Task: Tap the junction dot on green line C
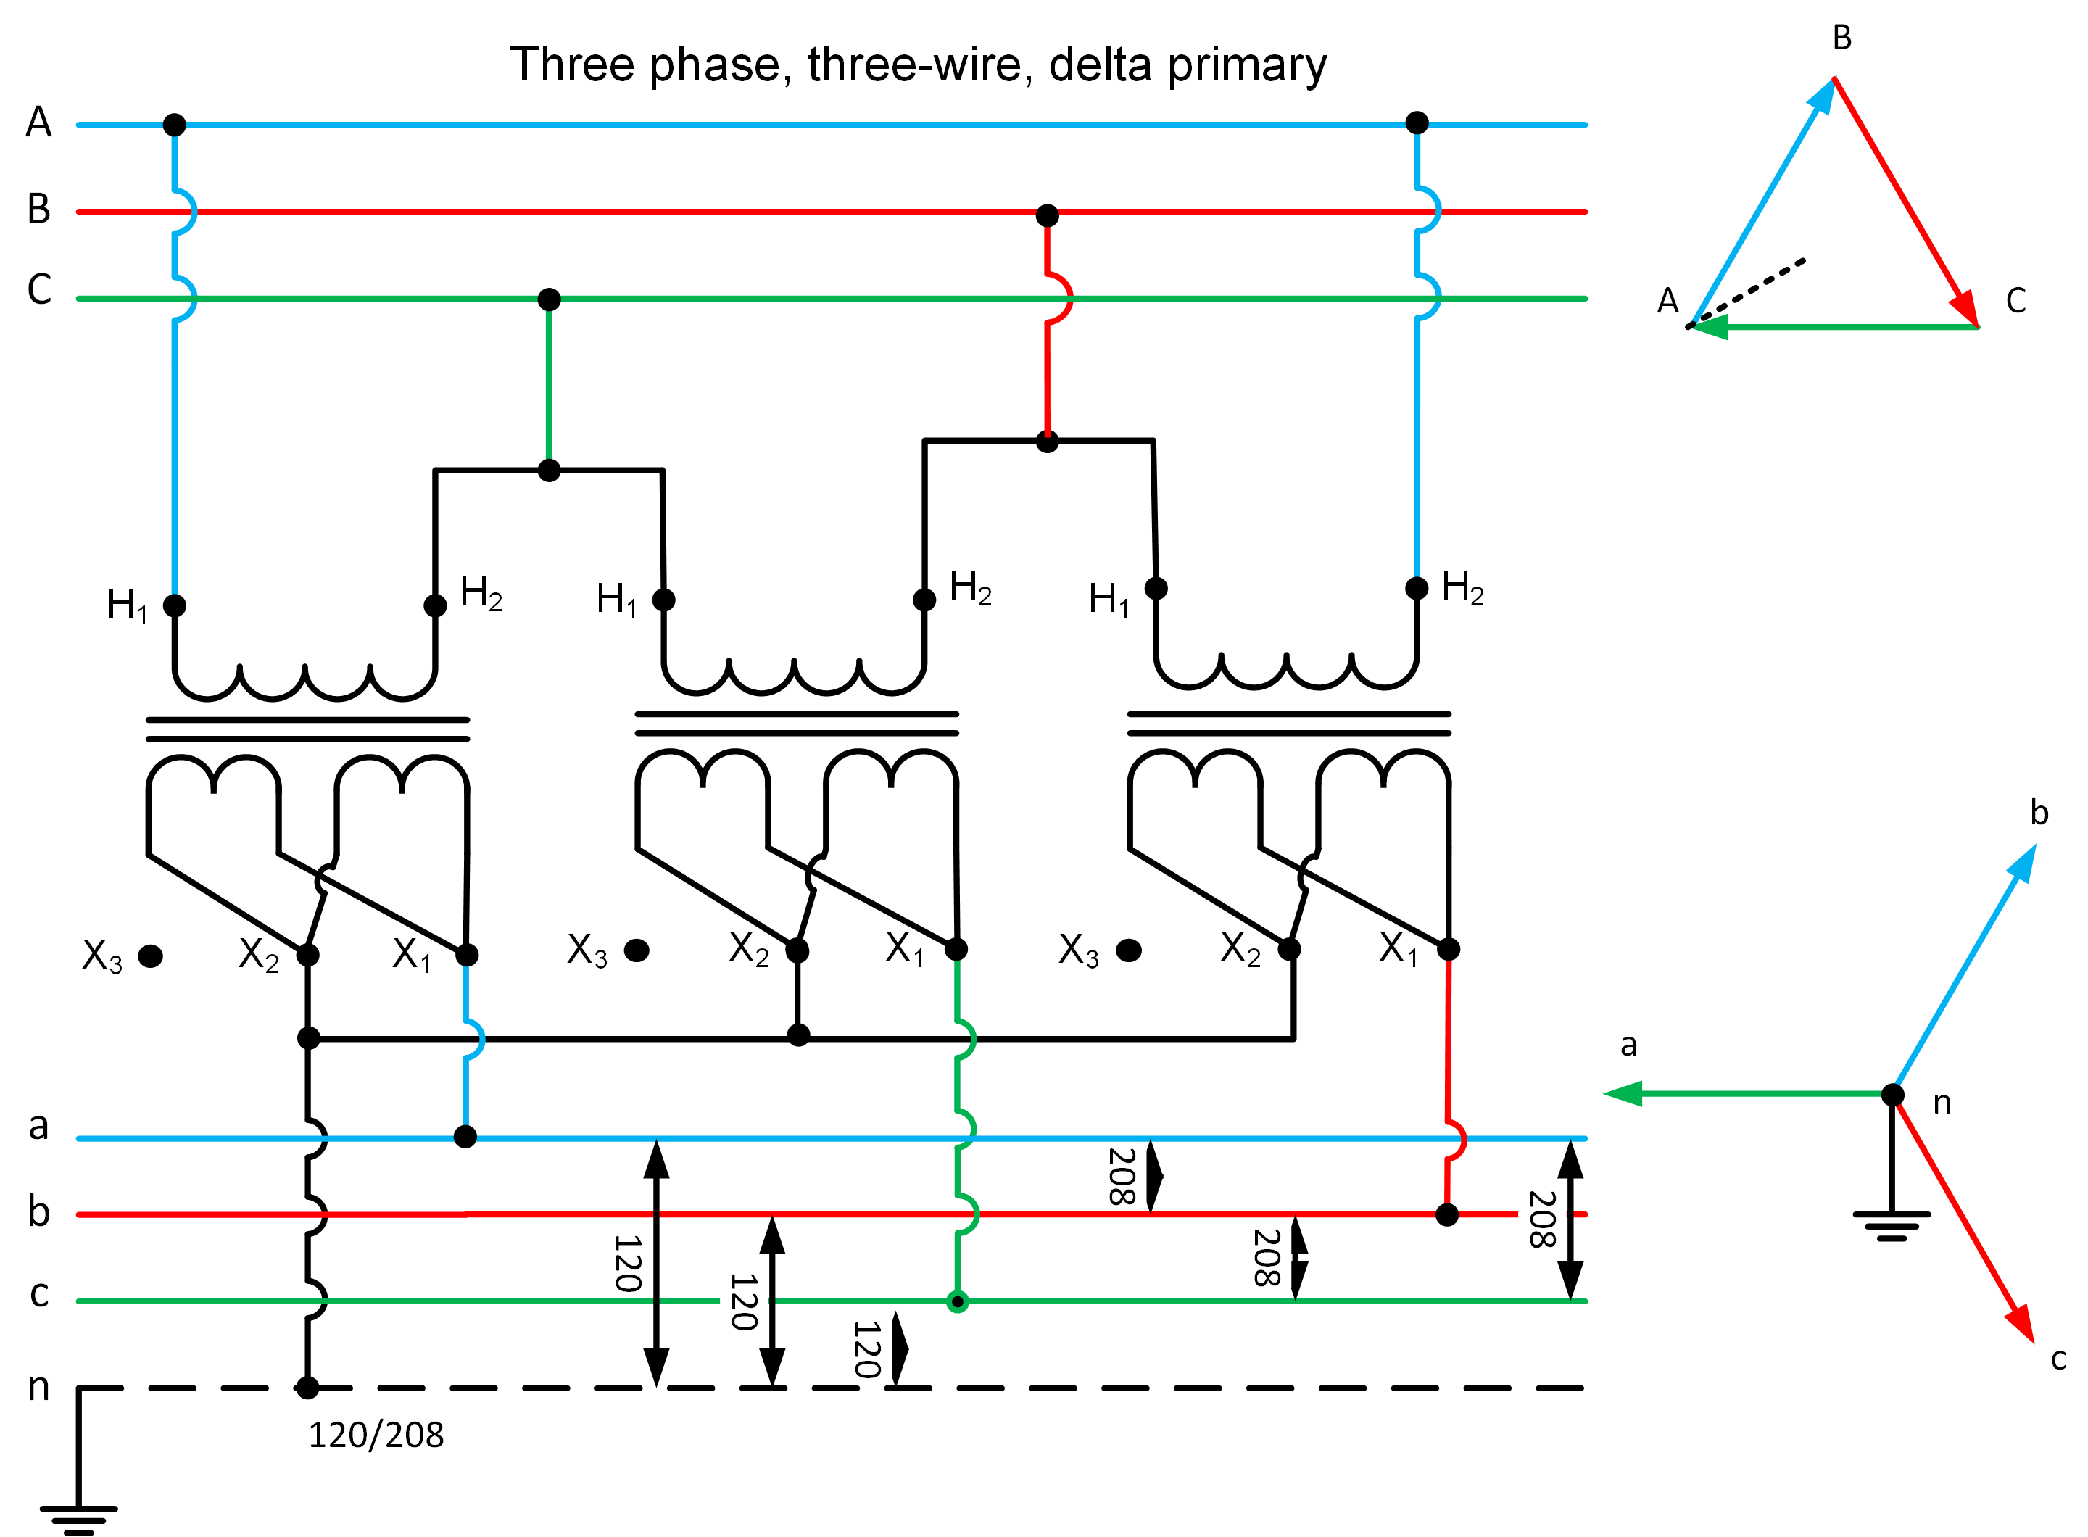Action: pyautogui.click(x=549, y=299)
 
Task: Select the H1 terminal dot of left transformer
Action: pyautogui.click(x=174, y=605)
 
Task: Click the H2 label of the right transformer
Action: pyautogui.click(x=1462, y=588)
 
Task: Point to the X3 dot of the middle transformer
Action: pyautogui.click(x=637, y=950)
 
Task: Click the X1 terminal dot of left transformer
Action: pyautogui.click(x=467, y=955)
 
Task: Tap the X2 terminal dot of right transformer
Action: pyautogui.click(x=1289, y=949)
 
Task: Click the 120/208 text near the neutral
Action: pyautogui.click(x=376, y=1435)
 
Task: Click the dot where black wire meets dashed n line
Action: pyautogui.click(x=307, y=1388)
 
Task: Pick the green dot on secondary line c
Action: pyautogui.click(x=956, y=1301)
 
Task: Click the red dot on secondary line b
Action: pyautogui.click(x=1447, y=1214)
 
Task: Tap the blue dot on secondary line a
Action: pyautogui.click(x=465, y=1136)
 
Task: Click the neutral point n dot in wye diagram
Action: pyautogui.click(x=1892, y=1094)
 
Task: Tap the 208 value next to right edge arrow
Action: pyautogui.click(x=1542, y=1219)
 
